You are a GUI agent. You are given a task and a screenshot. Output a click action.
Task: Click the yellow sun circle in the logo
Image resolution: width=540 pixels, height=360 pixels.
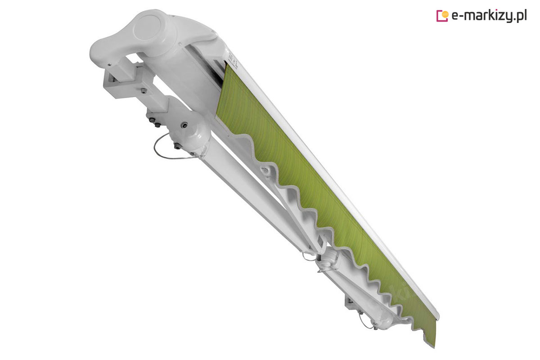445,15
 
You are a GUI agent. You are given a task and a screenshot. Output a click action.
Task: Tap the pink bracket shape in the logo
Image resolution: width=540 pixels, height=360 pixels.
441,16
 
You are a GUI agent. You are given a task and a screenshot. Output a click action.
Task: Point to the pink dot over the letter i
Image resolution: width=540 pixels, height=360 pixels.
494,11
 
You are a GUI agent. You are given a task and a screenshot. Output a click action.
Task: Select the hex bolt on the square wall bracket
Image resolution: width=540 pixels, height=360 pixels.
144,90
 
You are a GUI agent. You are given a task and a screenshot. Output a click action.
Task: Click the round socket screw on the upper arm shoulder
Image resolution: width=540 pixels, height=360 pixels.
184,125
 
